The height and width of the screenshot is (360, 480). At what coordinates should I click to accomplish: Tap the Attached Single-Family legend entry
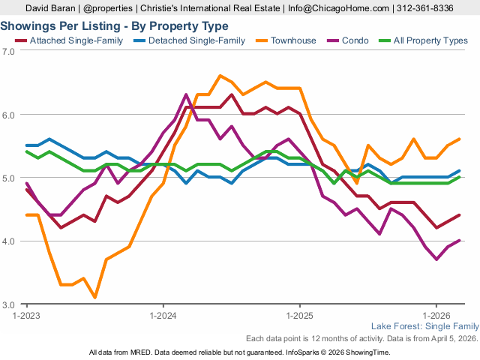pyautogui.click(x=67, y=40)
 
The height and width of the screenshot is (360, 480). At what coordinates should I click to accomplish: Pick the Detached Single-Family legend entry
pyautogui.click(x=187, y=40)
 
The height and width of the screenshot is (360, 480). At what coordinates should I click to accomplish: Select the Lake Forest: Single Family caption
pyautogui.click(x=424, y=327)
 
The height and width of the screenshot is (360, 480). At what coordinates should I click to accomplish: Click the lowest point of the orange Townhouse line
pyautogui.click(x=95, y=298)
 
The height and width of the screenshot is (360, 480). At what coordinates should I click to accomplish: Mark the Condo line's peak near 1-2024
pyautogui.click(x=186, y=94)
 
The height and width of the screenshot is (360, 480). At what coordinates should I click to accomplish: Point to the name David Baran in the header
pyautogui.click(x=52, y=8)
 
